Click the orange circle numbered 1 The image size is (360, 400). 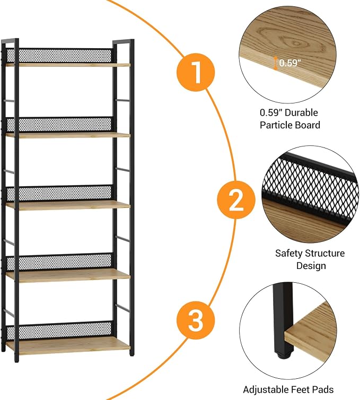tap(196, 72)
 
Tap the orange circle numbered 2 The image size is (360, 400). tap(236, 200)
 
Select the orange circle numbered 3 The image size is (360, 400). tap(196, 320)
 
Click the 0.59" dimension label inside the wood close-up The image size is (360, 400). tap(290, 63)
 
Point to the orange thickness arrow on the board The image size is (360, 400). tap(275, 63)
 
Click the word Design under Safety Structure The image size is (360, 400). tap(311, 266)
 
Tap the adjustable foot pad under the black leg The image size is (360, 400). tap(284, 354)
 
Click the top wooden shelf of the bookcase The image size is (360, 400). tap(68, 65)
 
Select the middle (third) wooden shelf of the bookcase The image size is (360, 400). tap(68, 205)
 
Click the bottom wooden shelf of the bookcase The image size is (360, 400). tap(68, 346)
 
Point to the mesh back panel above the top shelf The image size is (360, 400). tap(59, 55)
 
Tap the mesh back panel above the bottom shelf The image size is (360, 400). tap(59, 330)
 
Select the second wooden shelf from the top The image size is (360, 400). tap(68, 135)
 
